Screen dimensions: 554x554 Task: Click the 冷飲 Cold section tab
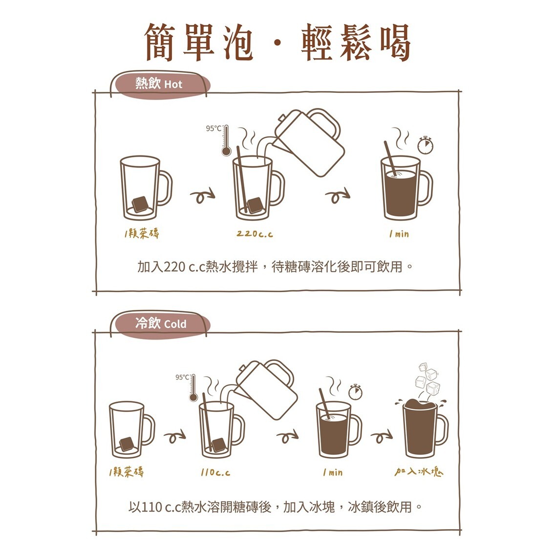[161, 323]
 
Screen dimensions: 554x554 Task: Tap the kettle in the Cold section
[268, 390]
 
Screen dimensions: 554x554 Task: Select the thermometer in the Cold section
[193, 388]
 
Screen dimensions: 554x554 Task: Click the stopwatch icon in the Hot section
[426, 145]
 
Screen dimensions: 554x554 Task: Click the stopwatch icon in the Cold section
[355, 391]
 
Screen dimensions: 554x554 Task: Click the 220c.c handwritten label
[255, 234]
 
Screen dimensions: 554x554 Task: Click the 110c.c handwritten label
[215, 472]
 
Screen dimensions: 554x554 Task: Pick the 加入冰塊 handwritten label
[419, 472]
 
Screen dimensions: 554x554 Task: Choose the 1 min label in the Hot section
[399, 234]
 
